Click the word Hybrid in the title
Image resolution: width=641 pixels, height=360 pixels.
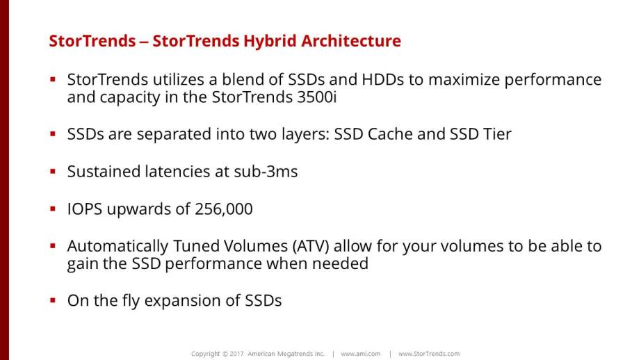(x=270, y=42)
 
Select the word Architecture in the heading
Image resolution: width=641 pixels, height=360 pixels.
(x=351, y=41)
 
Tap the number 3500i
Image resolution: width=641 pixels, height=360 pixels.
(x=317, y=97)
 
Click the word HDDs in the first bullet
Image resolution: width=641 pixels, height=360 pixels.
(x=382, y=80)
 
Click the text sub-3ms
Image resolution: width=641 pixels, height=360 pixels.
(x=266, y=172)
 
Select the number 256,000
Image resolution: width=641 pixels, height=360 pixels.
(x=224, y=209)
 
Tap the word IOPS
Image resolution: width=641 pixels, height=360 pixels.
(x=85, y=209)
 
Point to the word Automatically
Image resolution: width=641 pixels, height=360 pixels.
(x=117, y=247)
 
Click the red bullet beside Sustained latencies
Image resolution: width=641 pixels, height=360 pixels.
(x=53, y=171)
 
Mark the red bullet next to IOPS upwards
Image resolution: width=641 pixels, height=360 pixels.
(x=53, y=208)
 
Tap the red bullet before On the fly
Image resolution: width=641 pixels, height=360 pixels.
(x=53, y=300)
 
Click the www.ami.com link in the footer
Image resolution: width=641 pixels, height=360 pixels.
(x=361, y=354)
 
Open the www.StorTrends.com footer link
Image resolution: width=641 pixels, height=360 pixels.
(x=429, y=354)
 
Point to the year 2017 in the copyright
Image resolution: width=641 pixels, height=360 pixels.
(x=236, y=354)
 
